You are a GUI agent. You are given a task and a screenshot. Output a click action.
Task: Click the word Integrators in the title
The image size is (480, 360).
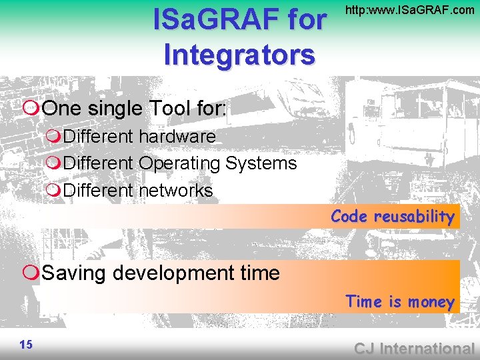click(239, 54)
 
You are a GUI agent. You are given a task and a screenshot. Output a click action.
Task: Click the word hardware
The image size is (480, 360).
click(177, 137)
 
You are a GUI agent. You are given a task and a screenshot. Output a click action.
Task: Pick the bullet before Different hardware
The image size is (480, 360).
click(53, 137)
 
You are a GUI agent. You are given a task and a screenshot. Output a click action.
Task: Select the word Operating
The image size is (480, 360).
click(179, 163)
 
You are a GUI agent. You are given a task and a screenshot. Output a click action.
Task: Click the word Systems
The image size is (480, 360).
click(261, 163)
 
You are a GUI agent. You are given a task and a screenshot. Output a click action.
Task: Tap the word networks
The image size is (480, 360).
click(175, 191)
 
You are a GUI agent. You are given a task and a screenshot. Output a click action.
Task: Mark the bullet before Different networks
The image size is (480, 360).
click(53, 191)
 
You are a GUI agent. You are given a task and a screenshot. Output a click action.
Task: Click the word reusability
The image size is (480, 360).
click(413, 217)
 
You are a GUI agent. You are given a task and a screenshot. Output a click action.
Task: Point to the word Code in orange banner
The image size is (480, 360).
click(349, 217)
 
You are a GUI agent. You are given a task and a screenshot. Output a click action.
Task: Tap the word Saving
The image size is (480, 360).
click(75, 273)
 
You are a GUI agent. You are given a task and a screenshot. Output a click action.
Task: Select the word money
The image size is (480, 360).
click(431, 302)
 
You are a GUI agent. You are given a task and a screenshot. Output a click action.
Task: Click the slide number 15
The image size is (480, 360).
click(26, 344)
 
